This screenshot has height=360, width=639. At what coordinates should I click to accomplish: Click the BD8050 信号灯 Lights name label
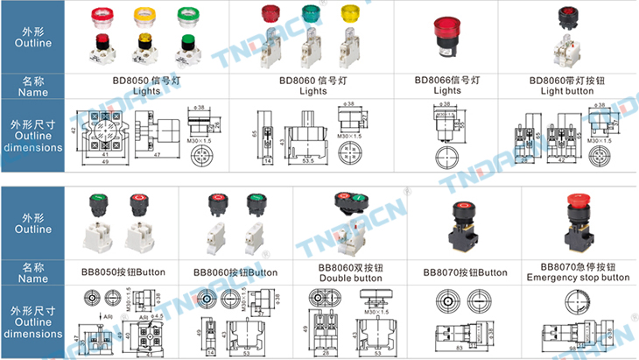[146, 84]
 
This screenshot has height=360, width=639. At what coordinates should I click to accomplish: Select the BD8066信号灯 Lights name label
[447, 84]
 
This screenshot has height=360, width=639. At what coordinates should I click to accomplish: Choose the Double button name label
[350, 272]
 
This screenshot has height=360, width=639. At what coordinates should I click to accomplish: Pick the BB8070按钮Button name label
[465, 272]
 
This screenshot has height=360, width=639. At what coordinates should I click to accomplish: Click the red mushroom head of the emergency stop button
[578, 205]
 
